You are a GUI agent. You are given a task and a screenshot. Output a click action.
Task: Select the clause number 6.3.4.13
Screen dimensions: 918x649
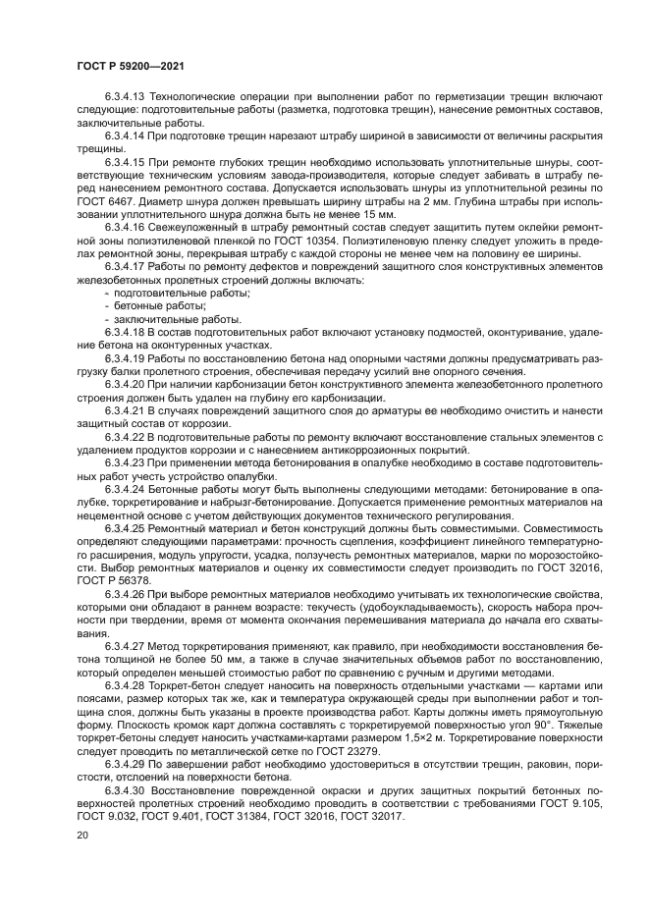point(124,98)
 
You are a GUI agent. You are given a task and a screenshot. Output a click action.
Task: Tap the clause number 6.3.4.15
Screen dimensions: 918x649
point(124,159)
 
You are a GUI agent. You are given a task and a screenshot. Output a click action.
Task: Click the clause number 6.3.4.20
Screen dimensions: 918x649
point(124,385)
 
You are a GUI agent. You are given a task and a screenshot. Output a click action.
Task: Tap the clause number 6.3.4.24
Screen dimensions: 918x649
point(124,488)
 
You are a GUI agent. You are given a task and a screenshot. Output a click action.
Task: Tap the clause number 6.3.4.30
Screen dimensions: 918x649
point(124,791)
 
